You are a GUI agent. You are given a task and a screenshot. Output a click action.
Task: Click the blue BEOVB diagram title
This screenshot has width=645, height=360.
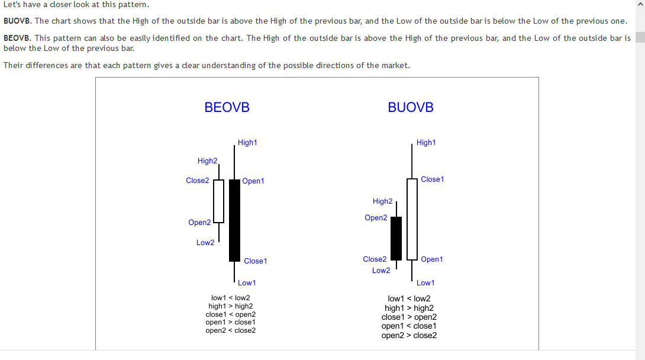(227, 107)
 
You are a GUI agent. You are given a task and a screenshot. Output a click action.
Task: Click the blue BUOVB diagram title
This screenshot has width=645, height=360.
(411, 107)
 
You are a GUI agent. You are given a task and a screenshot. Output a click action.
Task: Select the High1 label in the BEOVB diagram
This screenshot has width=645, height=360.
(247, 143)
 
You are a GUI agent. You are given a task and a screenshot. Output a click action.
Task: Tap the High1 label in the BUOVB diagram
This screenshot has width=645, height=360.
(426, 143)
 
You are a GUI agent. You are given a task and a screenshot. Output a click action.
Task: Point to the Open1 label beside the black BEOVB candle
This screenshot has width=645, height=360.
(253, 181)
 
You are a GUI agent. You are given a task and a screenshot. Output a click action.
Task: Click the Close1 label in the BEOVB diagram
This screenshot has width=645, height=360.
(256, 261)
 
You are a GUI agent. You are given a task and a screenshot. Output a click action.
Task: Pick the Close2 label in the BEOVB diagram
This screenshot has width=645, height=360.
(198, 181)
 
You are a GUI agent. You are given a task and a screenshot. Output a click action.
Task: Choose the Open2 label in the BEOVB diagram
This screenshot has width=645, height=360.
(199, 223)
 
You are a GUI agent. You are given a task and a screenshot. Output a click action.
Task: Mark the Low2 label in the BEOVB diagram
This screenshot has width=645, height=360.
(205, 243)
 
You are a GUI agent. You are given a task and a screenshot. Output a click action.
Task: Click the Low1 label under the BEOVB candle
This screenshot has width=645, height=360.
(247, 283)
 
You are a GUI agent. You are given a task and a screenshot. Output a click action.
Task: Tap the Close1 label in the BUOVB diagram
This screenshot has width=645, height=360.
(433, 179)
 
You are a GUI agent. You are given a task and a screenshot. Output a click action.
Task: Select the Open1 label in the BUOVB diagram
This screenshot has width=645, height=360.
(432, 259)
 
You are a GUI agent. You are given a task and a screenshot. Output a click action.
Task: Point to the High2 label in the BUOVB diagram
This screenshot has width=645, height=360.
(382, 202)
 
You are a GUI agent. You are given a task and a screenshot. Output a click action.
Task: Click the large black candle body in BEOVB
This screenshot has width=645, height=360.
(234, 220)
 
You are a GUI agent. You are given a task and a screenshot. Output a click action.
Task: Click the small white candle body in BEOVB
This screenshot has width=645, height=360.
(219, 201)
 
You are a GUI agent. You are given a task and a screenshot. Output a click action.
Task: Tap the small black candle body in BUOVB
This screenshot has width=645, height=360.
(396, 238)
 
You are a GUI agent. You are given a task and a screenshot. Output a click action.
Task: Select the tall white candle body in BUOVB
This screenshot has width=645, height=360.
(412, 219)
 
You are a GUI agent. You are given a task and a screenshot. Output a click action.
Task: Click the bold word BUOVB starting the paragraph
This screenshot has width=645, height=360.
(17, 21)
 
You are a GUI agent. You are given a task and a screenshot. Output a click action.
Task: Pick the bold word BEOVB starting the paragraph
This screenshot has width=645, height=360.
(17, 38)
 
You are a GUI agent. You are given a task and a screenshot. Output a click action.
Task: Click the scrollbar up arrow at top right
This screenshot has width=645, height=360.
(640, 5)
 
